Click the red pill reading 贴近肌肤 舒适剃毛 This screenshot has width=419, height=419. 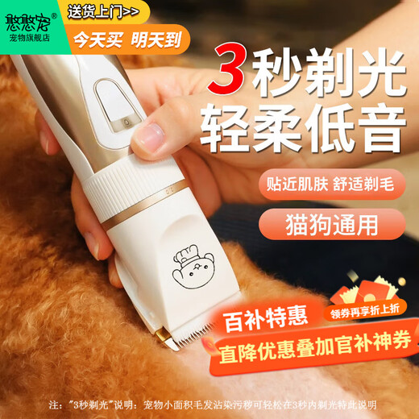pyautogui.click(x=330, y=183)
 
